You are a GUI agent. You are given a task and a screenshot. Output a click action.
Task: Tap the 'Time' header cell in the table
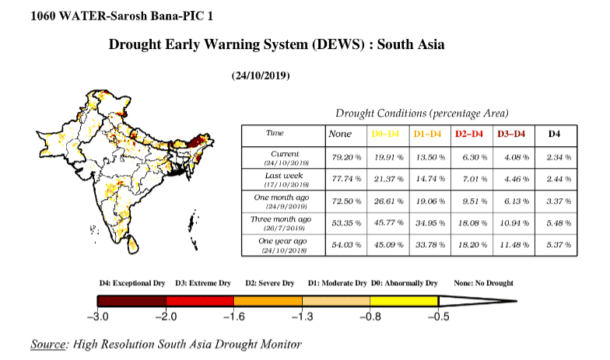tap(274, 132)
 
